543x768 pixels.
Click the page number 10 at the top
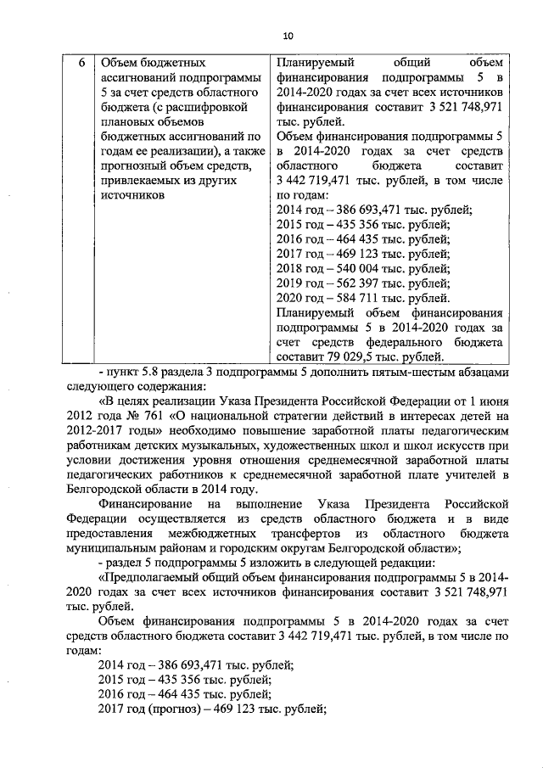tap(288, 35)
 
